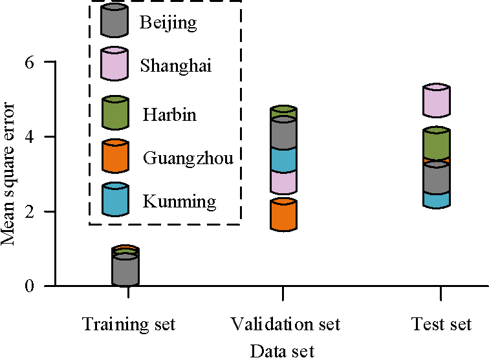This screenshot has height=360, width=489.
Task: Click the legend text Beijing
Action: click(168, 24)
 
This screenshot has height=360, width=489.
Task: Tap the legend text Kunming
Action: click(179, 202)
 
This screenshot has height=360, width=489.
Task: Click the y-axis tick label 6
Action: click(30, 63)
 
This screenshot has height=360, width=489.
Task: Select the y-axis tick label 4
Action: click(30, 137)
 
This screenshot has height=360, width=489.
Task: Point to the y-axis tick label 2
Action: click(30, 211)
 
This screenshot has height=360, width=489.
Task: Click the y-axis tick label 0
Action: click(30, 286)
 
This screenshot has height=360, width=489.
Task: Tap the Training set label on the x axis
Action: click(129, 323)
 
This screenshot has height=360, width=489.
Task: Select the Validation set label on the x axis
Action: click(285, 323)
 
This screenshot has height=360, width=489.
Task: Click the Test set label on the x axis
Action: click(441, 323)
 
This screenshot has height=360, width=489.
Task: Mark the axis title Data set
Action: click(282, 351)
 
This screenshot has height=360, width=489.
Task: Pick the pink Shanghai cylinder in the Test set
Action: click(437, 100)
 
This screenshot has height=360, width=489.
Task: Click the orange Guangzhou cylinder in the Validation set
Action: click(283, 215)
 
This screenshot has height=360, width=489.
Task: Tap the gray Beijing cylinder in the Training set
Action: click(125, 270)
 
